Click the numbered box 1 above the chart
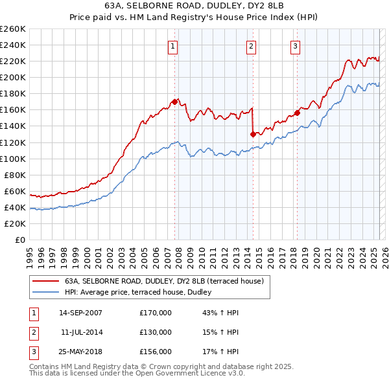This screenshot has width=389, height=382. pos(174,45)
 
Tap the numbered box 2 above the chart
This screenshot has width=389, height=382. pos(251,45)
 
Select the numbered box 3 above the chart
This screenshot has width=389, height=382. pos(295,45)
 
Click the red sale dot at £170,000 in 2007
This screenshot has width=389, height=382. pos(174,102)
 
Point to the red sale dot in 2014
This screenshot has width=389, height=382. pos(252,134)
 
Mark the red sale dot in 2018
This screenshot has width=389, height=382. pos(297,113)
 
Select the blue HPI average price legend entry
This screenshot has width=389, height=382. pos(143,293)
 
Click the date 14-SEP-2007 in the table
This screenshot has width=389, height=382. pos(80,313)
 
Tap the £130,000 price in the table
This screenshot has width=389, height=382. pos(156,331)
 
